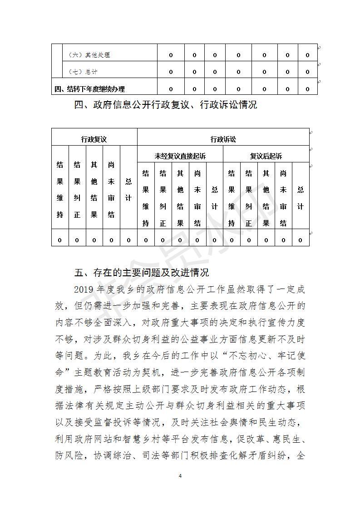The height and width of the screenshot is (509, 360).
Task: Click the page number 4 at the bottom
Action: (180, 476)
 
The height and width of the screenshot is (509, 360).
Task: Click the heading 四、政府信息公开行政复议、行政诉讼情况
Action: (165, 105)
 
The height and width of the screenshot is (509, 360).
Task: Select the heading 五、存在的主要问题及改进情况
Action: (141, 273)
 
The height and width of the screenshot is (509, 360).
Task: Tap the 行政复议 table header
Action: (94, 140)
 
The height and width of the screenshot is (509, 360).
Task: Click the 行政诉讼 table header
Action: (223, 140)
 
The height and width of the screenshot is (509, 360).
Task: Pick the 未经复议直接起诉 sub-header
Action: (180, 156)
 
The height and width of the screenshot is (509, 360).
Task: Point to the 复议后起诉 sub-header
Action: (266, 156)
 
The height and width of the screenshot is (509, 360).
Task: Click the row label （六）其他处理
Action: (89, 55)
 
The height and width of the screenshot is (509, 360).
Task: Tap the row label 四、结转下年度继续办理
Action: (89, 89)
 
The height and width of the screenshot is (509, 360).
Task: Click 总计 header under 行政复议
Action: (128, 190)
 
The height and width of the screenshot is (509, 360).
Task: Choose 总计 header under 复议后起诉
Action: (300, 198)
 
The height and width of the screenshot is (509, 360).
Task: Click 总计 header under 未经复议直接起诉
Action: (214, 198)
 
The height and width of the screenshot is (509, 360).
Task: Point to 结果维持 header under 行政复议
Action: (60, 190)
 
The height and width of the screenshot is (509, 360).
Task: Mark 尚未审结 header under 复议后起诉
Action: (283, 198)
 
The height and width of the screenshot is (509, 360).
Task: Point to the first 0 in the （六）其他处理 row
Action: (171, 55)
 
